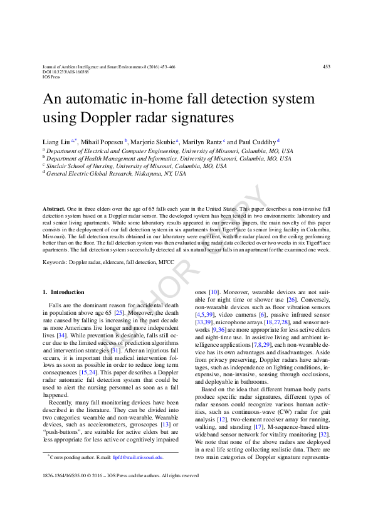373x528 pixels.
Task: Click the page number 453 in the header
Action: click(x=326, y=66)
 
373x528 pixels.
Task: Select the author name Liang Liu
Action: click(x=56, y=142)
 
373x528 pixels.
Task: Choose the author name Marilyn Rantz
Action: click(x=204, y=142)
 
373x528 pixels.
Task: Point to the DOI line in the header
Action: click(x=65, y=72)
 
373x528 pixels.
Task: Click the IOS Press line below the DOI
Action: click(x=51, y=77)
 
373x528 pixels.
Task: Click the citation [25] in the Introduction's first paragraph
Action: click(x=120, y=312)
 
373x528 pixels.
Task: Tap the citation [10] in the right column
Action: click(x=214, y=292)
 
